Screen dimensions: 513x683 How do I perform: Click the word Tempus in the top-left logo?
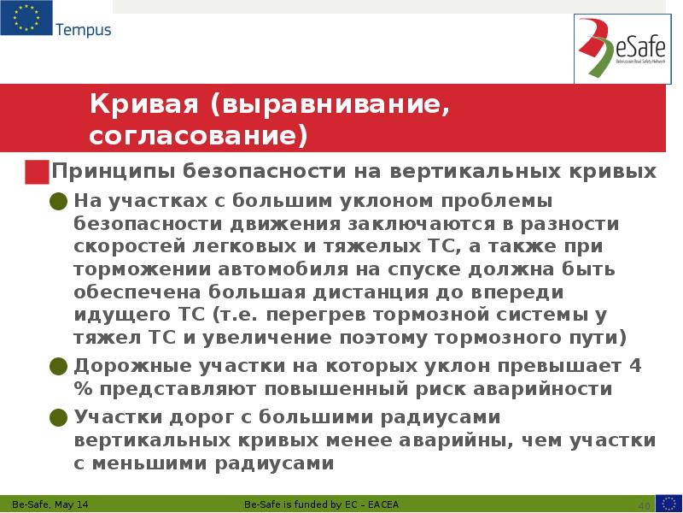83,30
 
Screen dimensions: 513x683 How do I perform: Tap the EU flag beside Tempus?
26,19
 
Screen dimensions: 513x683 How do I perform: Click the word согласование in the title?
192,135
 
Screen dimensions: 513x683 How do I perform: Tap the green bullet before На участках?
58,202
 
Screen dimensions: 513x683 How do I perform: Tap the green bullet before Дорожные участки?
58,367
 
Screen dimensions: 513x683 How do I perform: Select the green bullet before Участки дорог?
58,418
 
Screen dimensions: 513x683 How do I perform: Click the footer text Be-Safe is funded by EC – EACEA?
327,502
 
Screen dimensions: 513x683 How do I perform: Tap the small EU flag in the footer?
668,502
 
